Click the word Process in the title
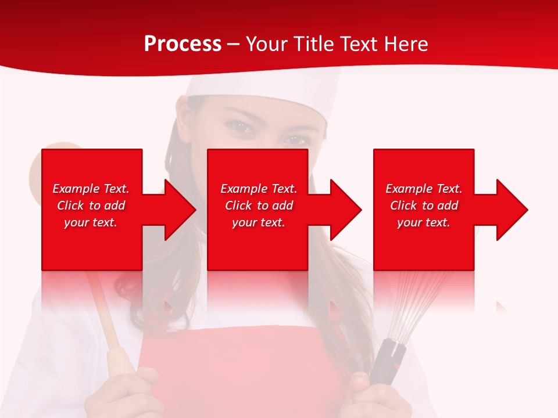point(183,44)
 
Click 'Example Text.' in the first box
point(91,189)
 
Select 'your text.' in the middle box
point(258,222)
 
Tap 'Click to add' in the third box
point(424,206)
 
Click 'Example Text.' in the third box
point(424,189)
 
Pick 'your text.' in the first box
point(91,222)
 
